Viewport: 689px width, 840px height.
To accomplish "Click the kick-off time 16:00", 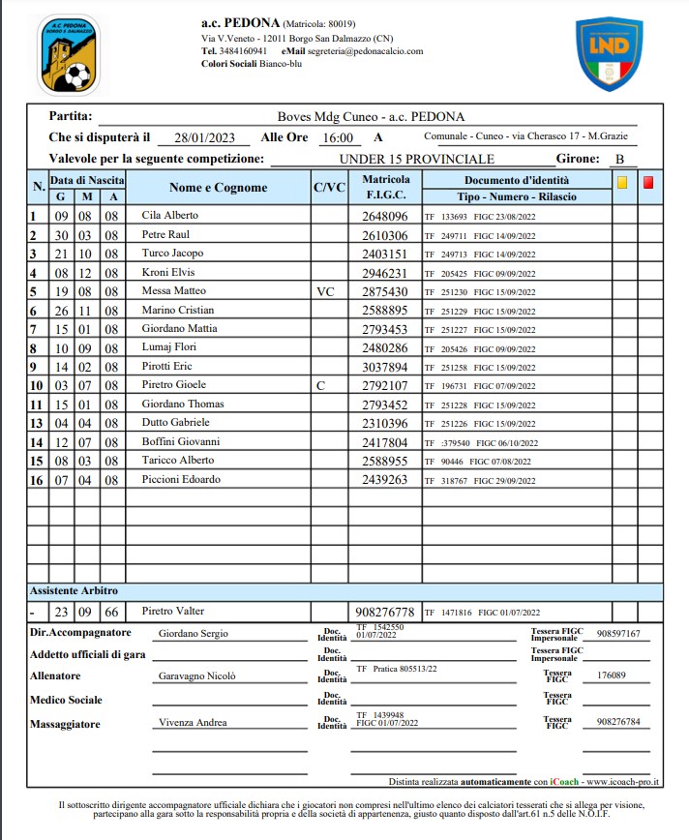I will (337, 137).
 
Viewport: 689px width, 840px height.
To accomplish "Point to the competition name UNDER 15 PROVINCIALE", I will (416, 159).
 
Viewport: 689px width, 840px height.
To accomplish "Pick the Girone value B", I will (619, 159).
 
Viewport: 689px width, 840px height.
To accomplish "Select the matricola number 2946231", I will (384, 273).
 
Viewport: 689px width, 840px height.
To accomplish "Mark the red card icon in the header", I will (648, 181).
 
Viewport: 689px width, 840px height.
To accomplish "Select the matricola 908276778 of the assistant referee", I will (384, 612).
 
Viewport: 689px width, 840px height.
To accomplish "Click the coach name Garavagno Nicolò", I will (196, 676).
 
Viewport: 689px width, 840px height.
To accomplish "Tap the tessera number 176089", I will (614, 675).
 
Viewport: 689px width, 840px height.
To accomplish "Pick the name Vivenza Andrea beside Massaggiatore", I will (193, 723).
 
